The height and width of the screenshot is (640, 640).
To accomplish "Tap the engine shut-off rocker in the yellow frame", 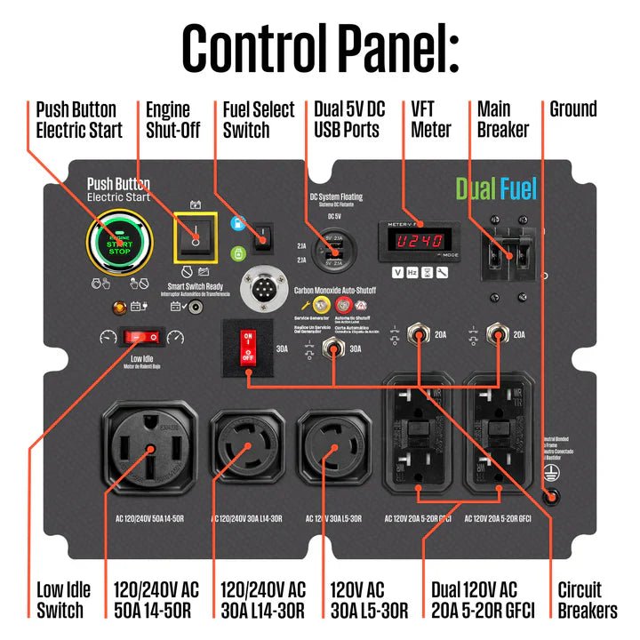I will (x=195, y=236).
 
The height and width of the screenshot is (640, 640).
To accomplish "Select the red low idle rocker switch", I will (x=144, y=337).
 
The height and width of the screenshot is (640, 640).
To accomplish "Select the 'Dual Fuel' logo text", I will (x=496, y=188).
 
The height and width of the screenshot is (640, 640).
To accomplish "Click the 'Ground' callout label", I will (x=573, y=110).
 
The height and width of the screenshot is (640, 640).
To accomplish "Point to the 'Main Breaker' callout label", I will (x=503, y=119).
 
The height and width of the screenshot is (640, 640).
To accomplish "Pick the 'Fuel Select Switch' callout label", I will (x=259, y=119).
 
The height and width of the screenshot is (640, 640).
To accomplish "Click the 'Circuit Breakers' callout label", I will (x=587, y=600).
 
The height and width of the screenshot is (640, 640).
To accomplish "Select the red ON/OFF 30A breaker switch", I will (x=249, y=348).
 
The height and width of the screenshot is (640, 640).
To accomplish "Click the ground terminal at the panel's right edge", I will (x=552, y=499).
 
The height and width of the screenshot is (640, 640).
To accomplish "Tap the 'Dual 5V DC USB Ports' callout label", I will (x=348, y=119).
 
